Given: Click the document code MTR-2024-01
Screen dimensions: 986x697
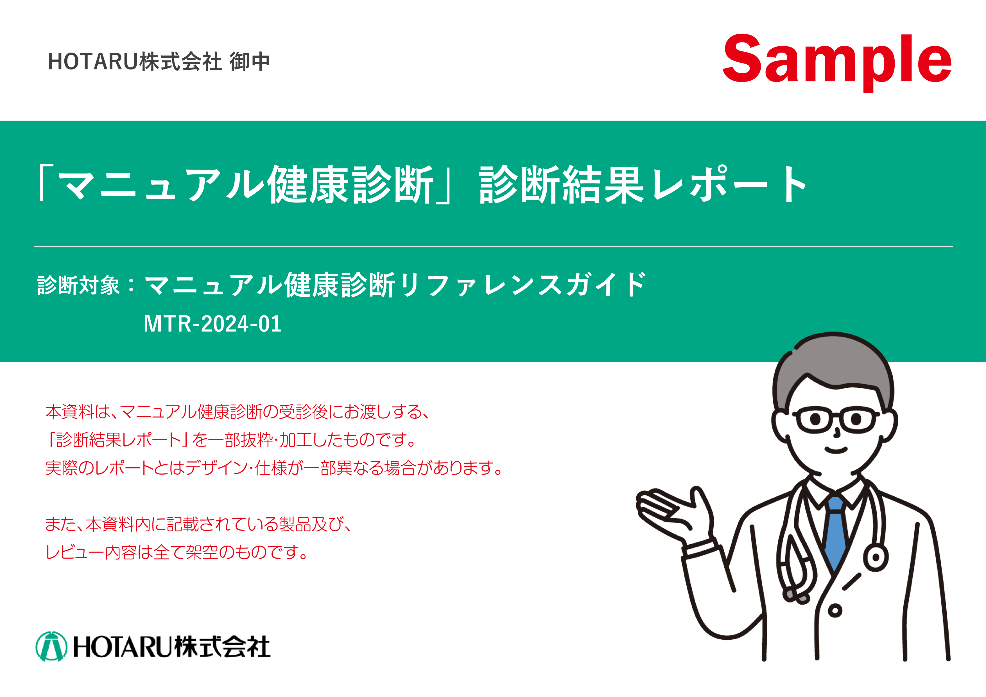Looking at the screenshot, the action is [x=212, y=324].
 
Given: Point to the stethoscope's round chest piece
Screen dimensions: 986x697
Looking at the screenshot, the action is [x=875, y=558].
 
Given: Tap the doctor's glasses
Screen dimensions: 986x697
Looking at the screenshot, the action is [x=836, y=419].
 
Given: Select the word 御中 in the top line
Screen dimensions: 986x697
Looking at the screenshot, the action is [x=250, y=61].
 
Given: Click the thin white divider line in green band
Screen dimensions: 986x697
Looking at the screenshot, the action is [x=494, y=247].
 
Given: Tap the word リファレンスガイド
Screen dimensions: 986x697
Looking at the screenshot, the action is [x=523, y=285].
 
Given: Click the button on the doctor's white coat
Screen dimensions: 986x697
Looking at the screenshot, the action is [x=835, y=611].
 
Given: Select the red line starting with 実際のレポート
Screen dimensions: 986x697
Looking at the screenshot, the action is [x=274, y=468].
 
